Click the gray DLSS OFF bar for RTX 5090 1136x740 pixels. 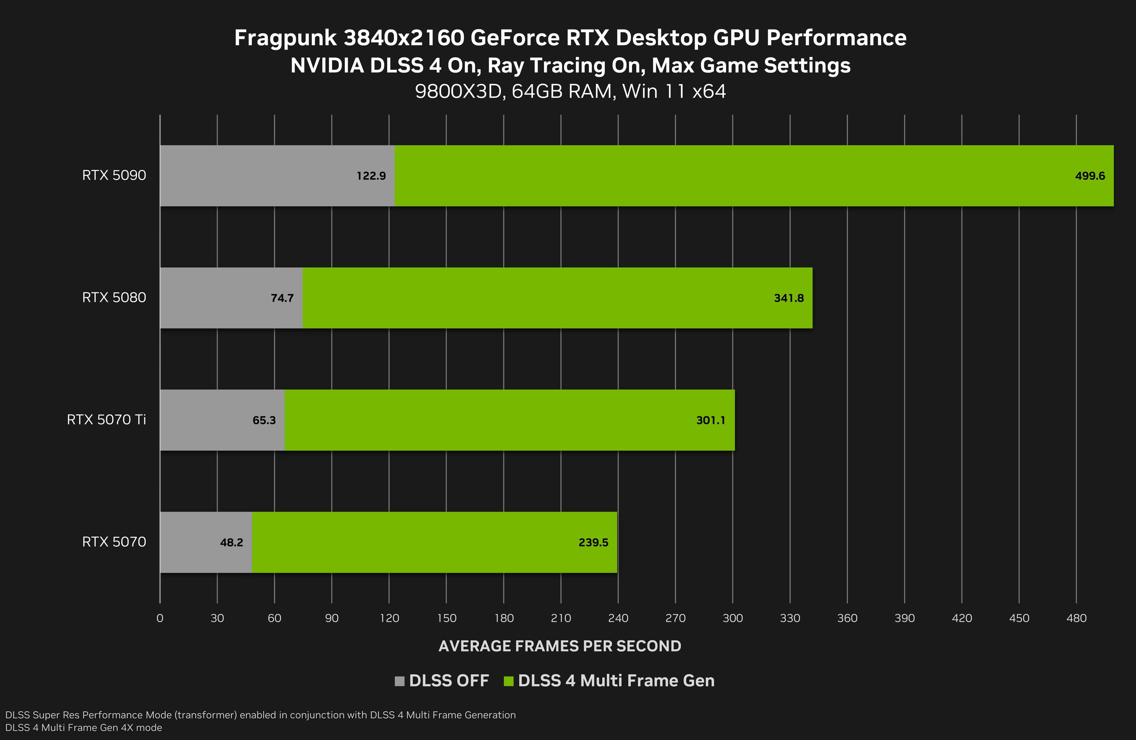click(x=258, y=176)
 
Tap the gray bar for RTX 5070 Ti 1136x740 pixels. click(x=205, y=420)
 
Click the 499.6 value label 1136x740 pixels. click(x=1090, y=176)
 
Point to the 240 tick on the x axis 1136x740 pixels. click(x=618, y=618)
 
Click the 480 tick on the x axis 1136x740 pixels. click(x=1076, y=618)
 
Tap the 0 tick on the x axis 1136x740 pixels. click(x=160, y=618)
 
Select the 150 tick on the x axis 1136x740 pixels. click(x=446, y=618)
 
